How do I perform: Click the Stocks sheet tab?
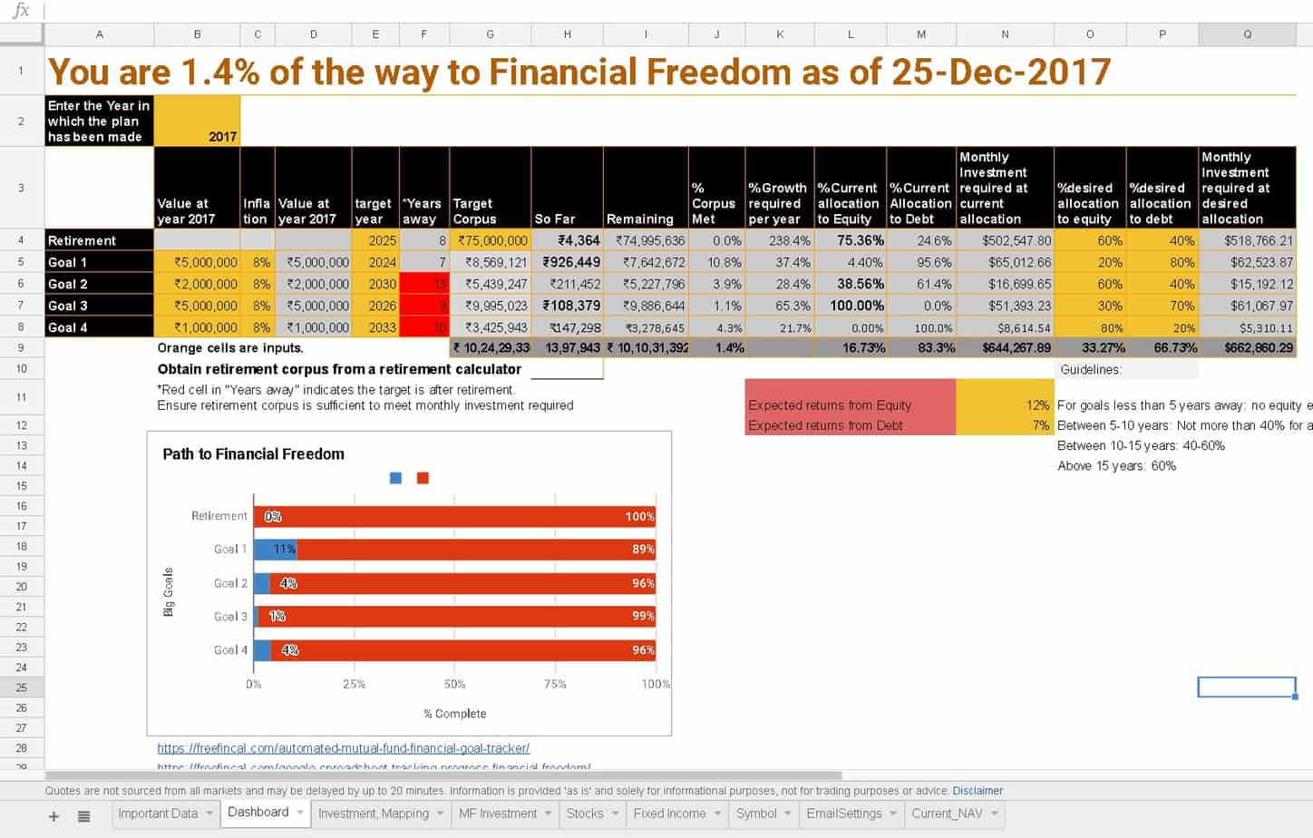[585, 814]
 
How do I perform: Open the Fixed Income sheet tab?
[669, 814]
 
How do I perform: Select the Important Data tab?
[158, 814]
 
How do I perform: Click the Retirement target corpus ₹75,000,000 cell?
[491, 240]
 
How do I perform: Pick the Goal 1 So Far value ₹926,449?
[568, 262]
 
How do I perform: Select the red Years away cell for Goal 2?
[424, 284]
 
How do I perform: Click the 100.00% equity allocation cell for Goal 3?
[851, 306]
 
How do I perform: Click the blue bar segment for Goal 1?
[275, 549]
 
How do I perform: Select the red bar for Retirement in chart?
[453, 516]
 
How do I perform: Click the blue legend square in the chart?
[395, 478]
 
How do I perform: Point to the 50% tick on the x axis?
[454, 684]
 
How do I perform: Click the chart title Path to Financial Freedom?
[253, 454]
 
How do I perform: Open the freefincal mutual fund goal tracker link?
[343, 748]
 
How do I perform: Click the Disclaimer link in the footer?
[977, 791]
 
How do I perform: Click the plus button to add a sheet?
[53, 816]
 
